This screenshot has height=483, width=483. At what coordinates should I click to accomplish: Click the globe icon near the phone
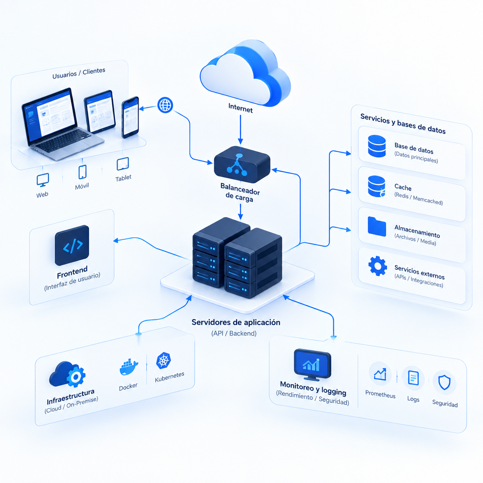[x=165, y=105]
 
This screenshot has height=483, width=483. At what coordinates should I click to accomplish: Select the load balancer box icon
[x=242, y=164]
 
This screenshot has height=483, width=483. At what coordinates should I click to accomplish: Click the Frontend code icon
[x=72, y=245]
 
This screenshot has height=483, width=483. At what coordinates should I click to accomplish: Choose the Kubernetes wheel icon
[x=163, y=361]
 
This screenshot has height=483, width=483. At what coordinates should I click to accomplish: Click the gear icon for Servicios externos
[x=377, y=266]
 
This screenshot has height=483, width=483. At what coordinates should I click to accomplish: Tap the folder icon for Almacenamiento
[x=377, y=226]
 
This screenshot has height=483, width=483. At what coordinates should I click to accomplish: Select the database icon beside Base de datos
[x=377, y=146]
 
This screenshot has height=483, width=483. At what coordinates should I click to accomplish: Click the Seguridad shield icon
[x=444, y=382]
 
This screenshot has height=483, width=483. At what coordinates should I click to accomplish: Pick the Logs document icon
[x=413, y=378]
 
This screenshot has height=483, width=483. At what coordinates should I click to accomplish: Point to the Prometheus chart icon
[x=380, y=374]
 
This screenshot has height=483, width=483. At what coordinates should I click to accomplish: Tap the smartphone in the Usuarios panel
[x=130, y=117]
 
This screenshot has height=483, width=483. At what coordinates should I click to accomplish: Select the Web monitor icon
[x=43, y=180]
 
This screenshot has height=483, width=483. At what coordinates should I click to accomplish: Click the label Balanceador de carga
[x=240, y=193]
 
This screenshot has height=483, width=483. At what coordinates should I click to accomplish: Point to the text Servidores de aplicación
[x=236, y=322]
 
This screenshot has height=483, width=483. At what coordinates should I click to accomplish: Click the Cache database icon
[x=377, y=186]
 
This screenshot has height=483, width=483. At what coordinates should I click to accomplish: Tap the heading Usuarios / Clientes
[x=79, y=73]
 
